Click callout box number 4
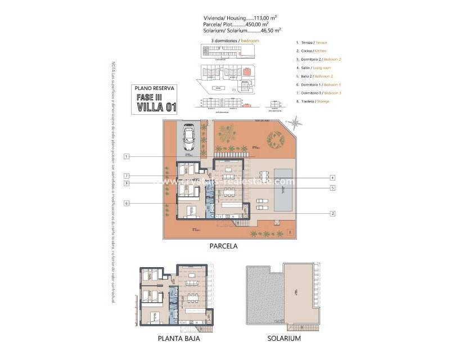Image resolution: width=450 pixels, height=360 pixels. pyautogui.click(x=333, y=177)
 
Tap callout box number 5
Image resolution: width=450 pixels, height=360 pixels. pyautogui.click(x=333, y=187)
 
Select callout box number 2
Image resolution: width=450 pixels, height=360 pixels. pyautogui.click(x=333, y=213)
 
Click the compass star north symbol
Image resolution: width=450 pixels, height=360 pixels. pyautogui.click(x=294, y=122)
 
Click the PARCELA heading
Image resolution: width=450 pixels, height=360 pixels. pyautogui.click(x=223, y=246)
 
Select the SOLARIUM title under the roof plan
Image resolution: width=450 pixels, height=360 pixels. pyautogui.click(x=285, y=339)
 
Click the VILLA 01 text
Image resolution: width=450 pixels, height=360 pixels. pyautogui.click(x=155, y=107)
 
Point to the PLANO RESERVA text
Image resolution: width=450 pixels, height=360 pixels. pyautogui.click(x=155, y=88)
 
